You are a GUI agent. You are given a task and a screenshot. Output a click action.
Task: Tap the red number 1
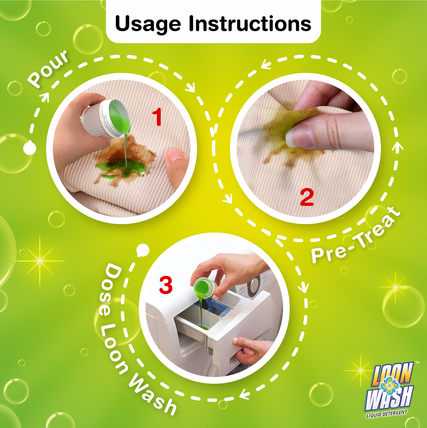pyautogui.click(x=157, y=117)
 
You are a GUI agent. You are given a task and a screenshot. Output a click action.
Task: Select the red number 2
pyautogui.click(x=307, y=197)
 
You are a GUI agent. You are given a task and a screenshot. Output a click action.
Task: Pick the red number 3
pyautogui.click(x=166, y=285)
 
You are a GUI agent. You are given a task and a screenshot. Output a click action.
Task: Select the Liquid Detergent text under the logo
pyautogui.click(x=387, y=414)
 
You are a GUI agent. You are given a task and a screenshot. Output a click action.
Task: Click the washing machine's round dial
pyautogui.click(x=254, y=286)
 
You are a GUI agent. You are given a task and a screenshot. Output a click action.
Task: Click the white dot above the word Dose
pyautogui.click(x=143, y=250)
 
